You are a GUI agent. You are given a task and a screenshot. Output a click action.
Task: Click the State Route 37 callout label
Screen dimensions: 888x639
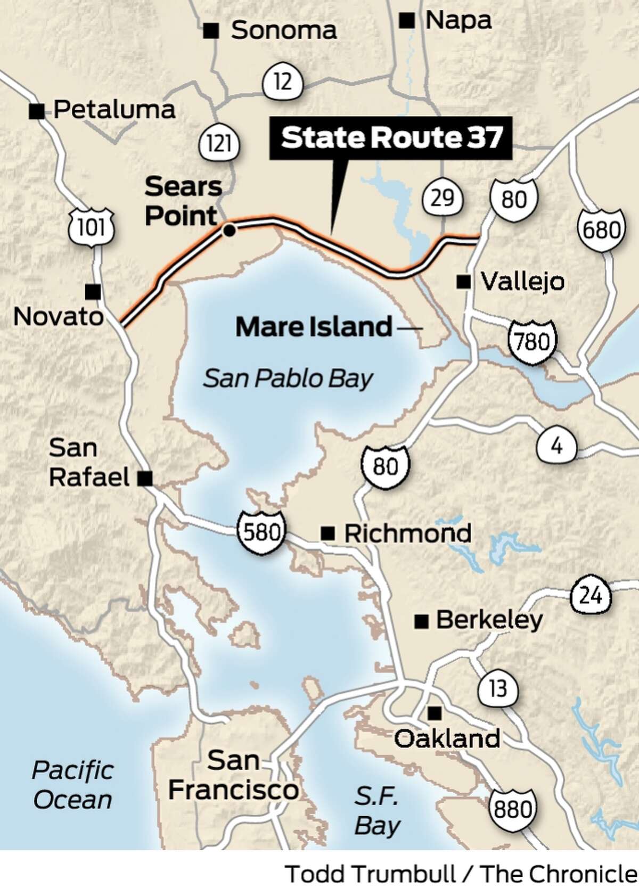click(x=391, y=137)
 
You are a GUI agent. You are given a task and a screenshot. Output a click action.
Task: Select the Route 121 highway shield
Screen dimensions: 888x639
click(x=219, y=144)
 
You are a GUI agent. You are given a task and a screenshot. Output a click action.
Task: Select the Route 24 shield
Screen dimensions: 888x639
click(x=591, y=596)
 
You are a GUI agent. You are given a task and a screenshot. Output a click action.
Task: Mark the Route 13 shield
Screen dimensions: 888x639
click(x=498, y=689)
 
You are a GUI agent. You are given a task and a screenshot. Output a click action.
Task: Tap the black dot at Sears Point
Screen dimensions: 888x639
click(x=230, y=231)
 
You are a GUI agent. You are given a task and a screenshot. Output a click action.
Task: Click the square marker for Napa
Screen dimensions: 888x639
click(x=408, y=21)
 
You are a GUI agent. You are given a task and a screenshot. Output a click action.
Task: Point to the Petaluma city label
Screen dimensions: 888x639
click(x=114, y=110)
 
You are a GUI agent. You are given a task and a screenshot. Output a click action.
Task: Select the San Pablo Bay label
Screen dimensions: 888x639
click(x=288, y=379)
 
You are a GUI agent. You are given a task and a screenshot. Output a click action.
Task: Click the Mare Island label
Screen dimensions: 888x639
click(x=314, y=326)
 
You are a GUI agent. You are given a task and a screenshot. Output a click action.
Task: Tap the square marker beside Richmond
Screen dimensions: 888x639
click(x=329, y=533)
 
